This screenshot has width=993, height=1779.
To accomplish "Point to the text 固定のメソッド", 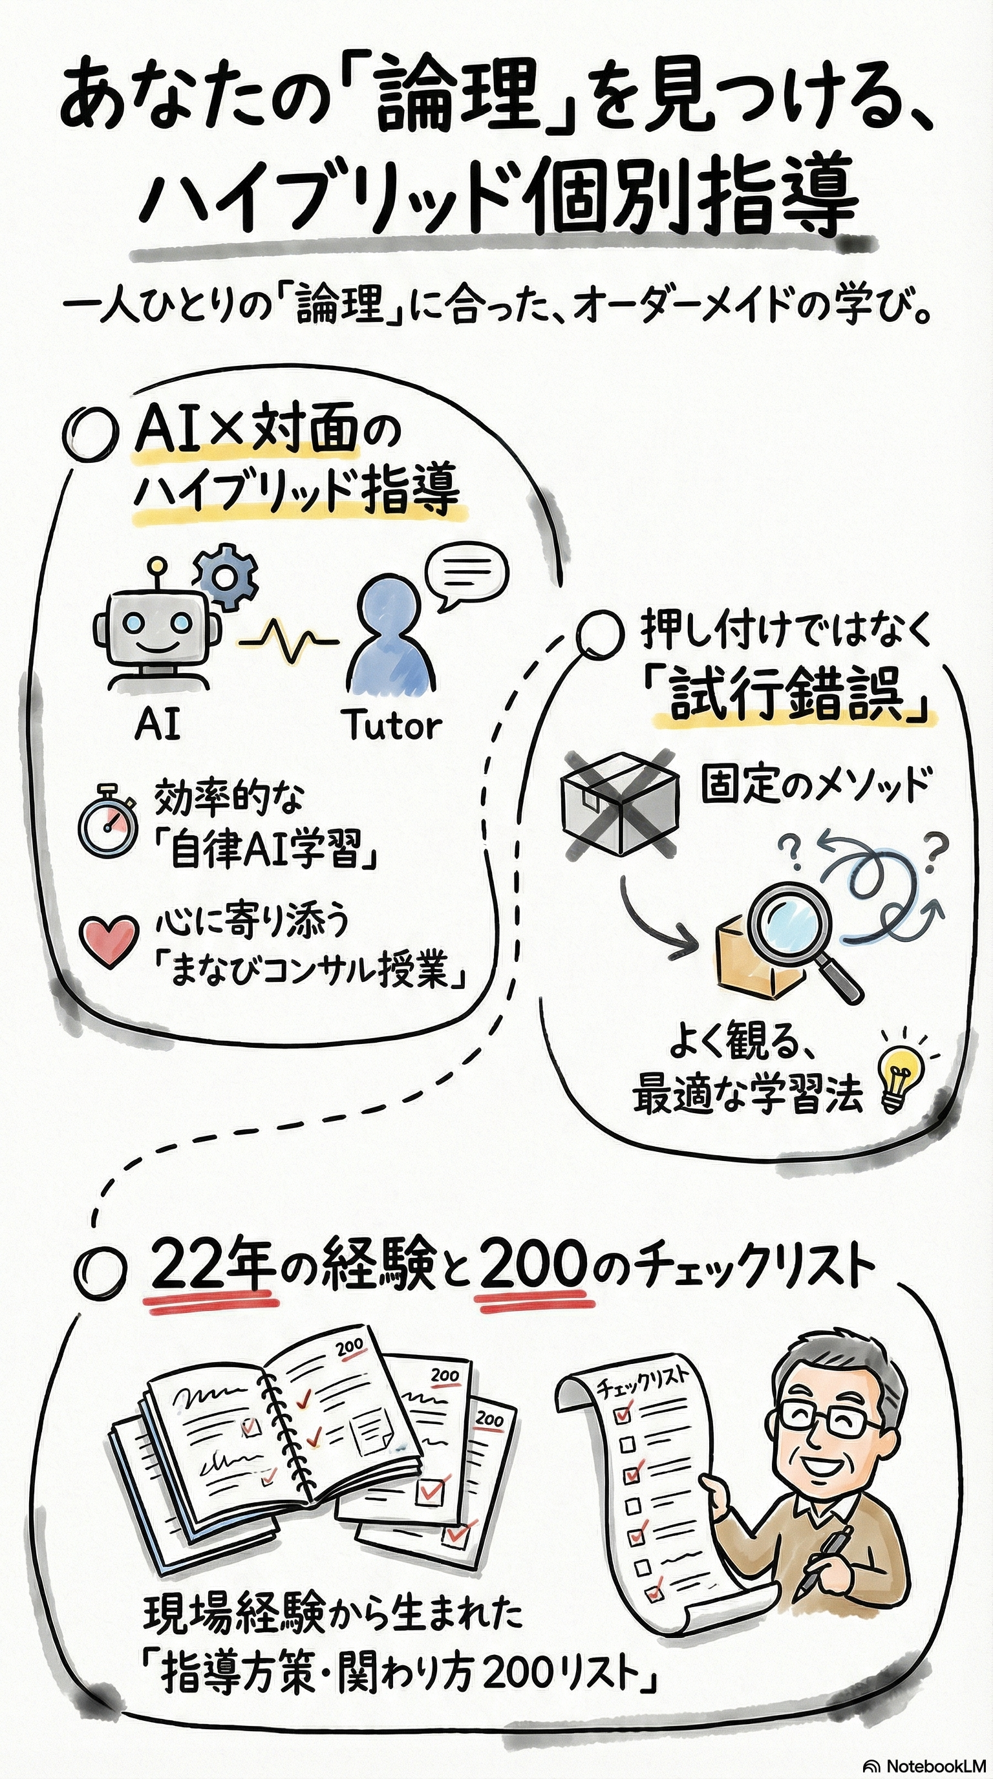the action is click(x=815, y=785).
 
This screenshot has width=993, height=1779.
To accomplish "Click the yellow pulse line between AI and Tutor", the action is click(x=288, y=640).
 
